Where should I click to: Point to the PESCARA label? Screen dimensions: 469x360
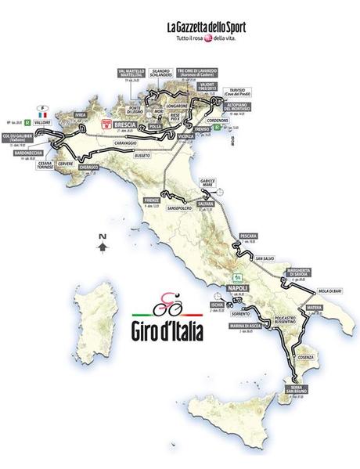[x=249, y=235]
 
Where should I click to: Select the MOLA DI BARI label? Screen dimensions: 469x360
[x=331, y=291]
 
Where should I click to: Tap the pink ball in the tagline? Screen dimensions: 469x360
[x=207, y=38]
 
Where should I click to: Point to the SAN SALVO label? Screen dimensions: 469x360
[x=268, y=258]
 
